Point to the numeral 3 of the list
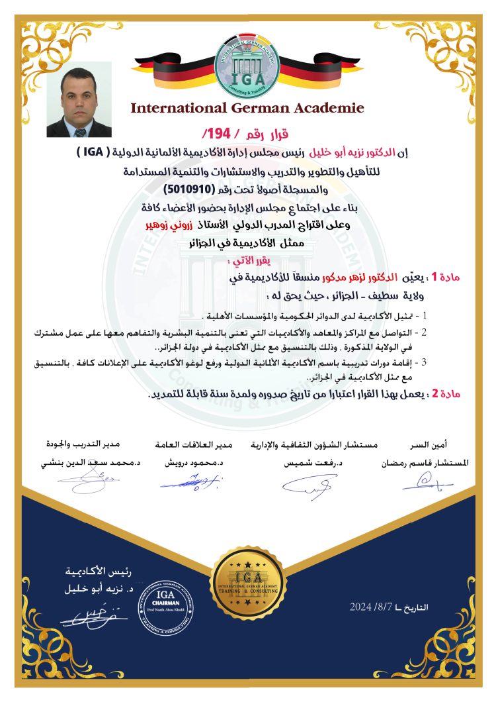tap(425, 362)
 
